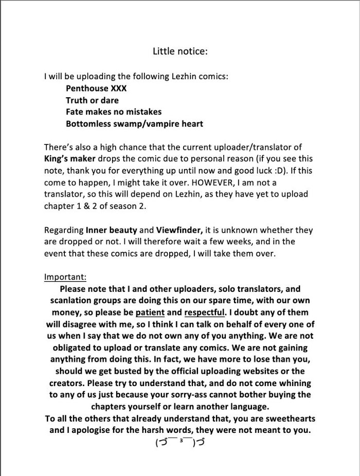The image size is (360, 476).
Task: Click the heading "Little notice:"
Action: [180, 51]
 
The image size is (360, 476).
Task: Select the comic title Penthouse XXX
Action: [96, 88]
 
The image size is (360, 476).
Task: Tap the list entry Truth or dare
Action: [92, 100]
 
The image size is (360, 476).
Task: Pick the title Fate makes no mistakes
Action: [114, 112]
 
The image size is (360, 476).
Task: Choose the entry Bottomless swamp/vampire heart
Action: [134, 124]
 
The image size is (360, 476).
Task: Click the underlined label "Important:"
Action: [65, 277]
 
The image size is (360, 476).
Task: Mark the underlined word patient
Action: [150, 313]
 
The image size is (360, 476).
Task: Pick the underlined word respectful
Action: [205, 313]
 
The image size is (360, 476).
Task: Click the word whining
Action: [294, 383]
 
